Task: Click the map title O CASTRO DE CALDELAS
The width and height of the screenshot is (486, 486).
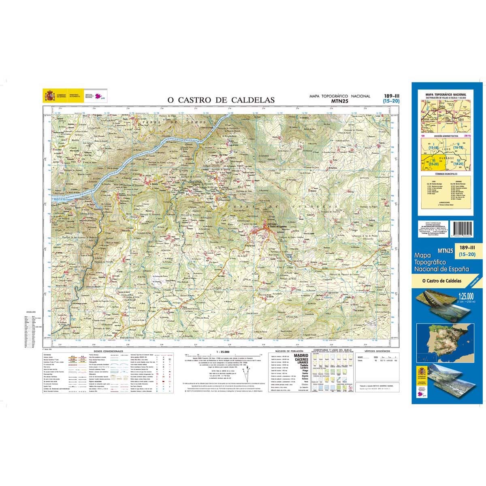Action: click(221, 100)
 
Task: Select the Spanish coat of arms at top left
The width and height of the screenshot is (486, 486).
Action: click(50, 96)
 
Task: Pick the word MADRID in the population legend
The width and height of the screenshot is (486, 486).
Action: click(301, 355)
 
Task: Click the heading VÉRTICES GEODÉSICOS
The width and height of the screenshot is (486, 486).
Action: click(377, 351)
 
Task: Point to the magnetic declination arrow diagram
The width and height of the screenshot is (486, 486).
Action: click(247, 369)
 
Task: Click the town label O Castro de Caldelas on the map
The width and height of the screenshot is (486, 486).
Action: click(277, 226)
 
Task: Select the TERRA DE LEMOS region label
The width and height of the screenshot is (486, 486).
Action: click(170, 121)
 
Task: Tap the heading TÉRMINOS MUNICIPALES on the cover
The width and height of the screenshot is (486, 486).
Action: click(446, 173)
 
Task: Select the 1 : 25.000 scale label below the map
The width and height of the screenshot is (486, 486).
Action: click(223, 351)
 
